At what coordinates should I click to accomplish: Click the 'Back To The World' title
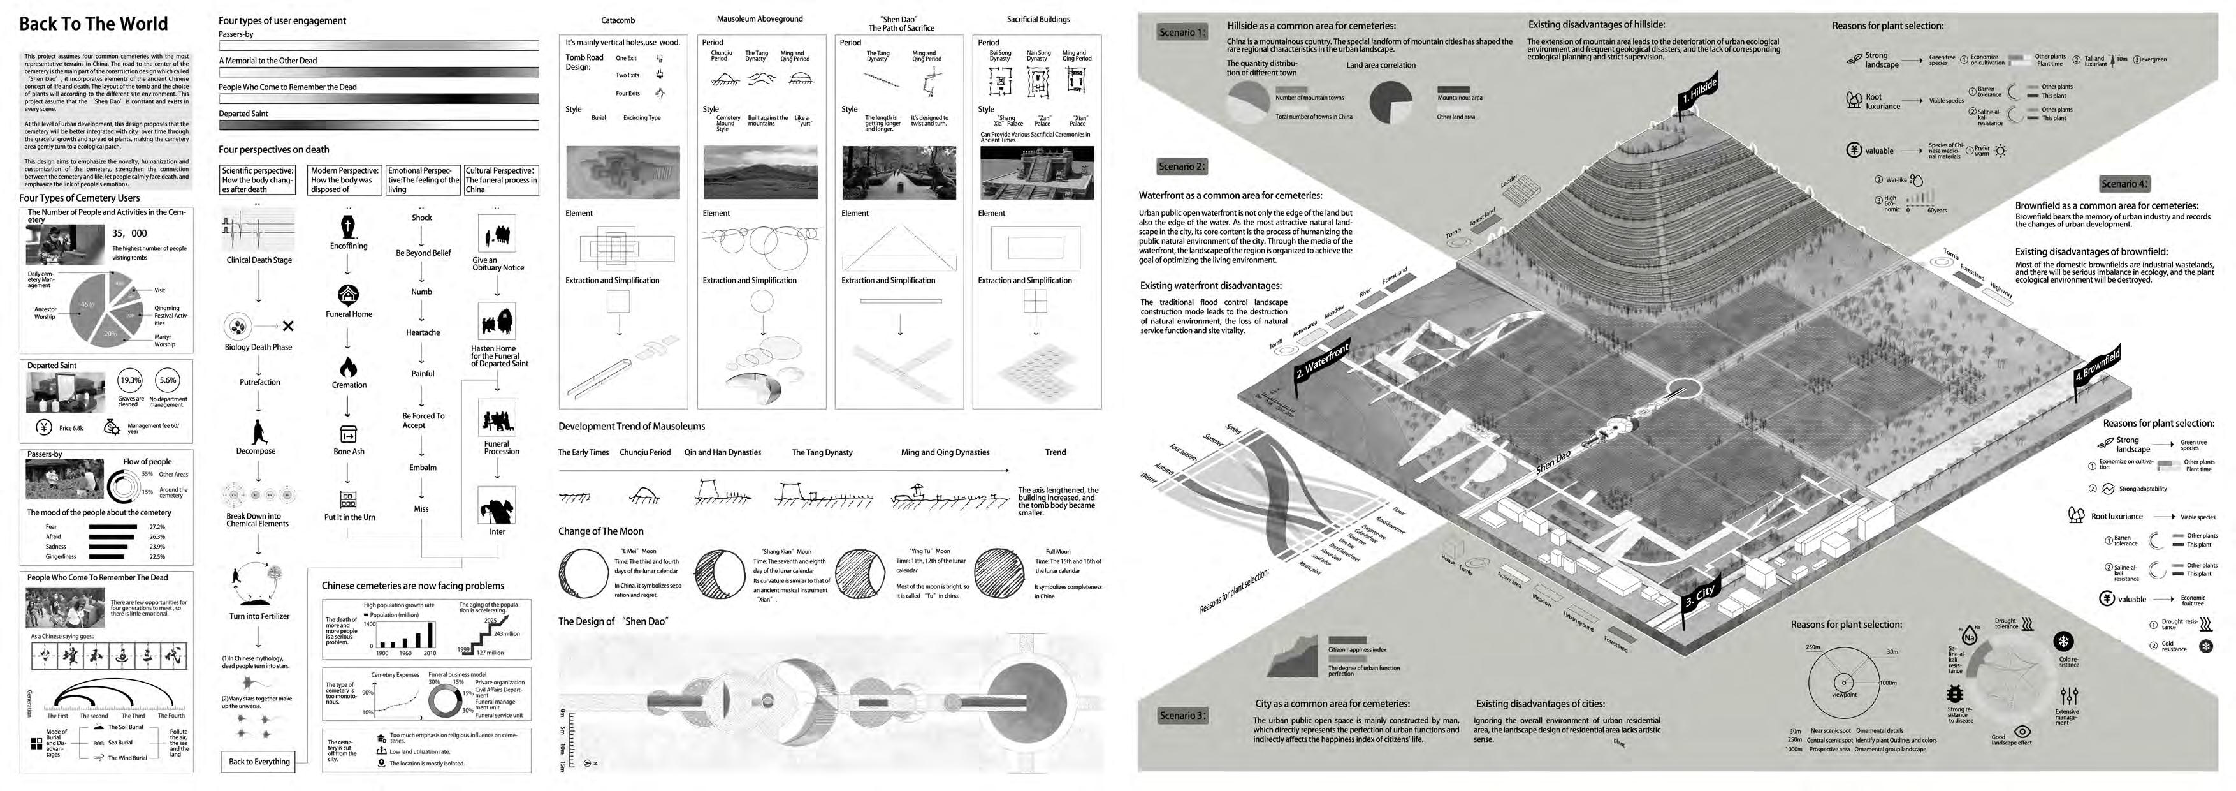coord(94,24)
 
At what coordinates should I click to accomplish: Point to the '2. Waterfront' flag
coord(1321,362)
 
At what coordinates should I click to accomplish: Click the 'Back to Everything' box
coord(259,762)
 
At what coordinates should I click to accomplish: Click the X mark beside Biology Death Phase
coord(288,327)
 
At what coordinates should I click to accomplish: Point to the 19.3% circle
coord(130,380)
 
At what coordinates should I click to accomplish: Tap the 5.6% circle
coord(168,380)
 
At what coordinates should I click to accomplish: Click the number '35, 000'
coord(129,233)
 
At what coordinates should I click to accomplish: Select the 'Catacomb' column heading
coord(618,20)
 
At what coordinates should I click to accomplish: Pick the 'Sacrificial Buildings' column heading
coord(1038,19)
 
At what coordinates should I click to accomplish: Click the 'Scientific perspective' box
coord(258,180)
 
